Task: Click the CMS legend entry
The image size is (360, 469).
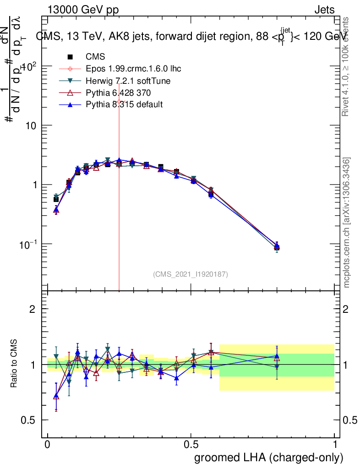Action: pos(95,57)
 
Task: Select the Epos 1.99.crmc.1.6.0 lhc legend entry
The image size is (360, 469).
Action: pos(133,69)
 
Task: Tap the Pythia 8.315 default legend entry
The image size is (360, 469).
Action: pos(124,104)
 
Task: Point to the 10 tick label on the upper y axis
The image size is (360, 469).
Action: pos(30,125)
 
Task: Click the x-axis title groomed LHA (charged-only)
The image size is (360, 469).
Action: pos(268,458)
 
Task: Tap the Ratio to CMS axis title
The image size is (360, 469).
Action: pos(14,363)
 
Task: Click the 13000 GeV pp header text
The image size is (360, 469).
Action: pos(83,10)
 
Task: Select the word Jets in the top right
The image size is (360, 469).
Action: pos(324,10)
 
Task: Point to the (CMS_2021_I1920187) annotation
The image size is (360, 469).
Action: pos(191,274)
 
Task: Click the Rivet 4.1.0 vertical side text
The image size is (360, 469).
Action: pos(347,67)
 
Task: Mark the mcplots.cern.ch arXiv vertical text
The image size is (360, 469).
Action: pos(347,223)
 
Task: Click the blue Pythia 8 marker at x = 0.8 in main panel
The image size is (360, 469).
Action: pos(277,245)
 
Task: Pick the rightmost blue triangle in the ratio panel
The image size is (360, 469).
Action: pos(277,355)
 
